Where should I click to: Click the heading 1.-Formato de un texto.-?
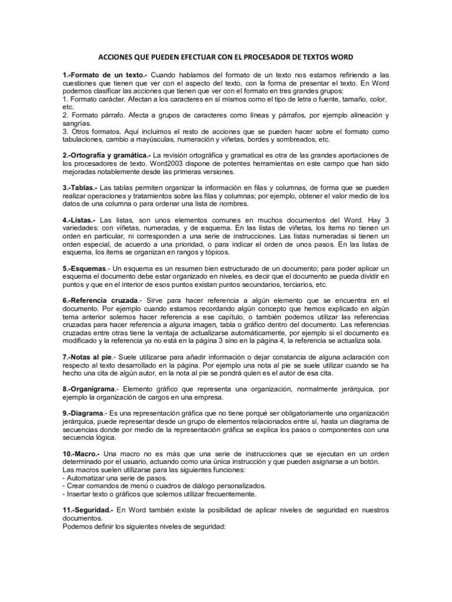point(103,76)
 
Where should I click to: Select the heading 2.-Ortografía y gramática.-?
point(107,155)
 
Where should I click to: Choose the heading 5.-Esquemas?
point(85,268)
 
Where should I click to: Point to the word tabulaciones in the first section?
point(86,140)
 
